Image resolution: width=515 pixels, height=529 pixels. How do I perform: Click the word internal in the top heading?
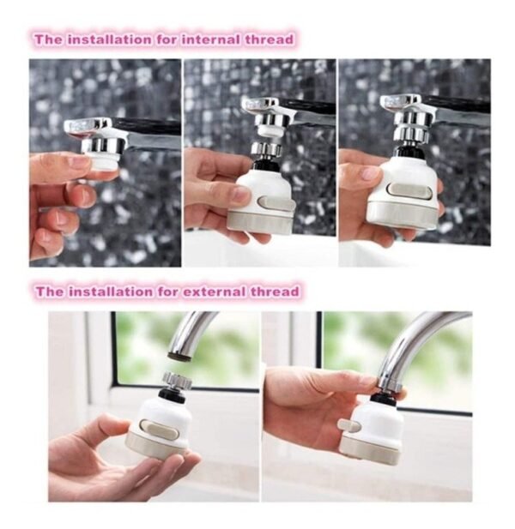pos(210,39)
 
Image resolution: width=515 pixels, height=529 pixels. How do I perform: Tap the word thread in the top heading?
pos(269,39)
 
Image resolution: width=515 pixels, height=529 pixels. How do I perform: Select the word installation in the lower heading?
pos(110,292)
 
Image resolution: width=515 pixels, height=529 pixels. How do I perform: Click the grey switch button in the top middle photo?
pos(275,202)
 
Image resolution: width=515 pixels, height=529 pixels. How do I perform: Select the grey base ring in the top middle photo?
pos(259,221)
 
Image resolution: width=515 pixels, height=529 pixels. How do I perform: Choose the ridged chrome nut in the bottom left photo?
pos(177,379)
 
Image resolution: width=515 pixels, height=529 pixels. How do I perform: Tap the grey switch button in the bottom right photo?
pos(349,426)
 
